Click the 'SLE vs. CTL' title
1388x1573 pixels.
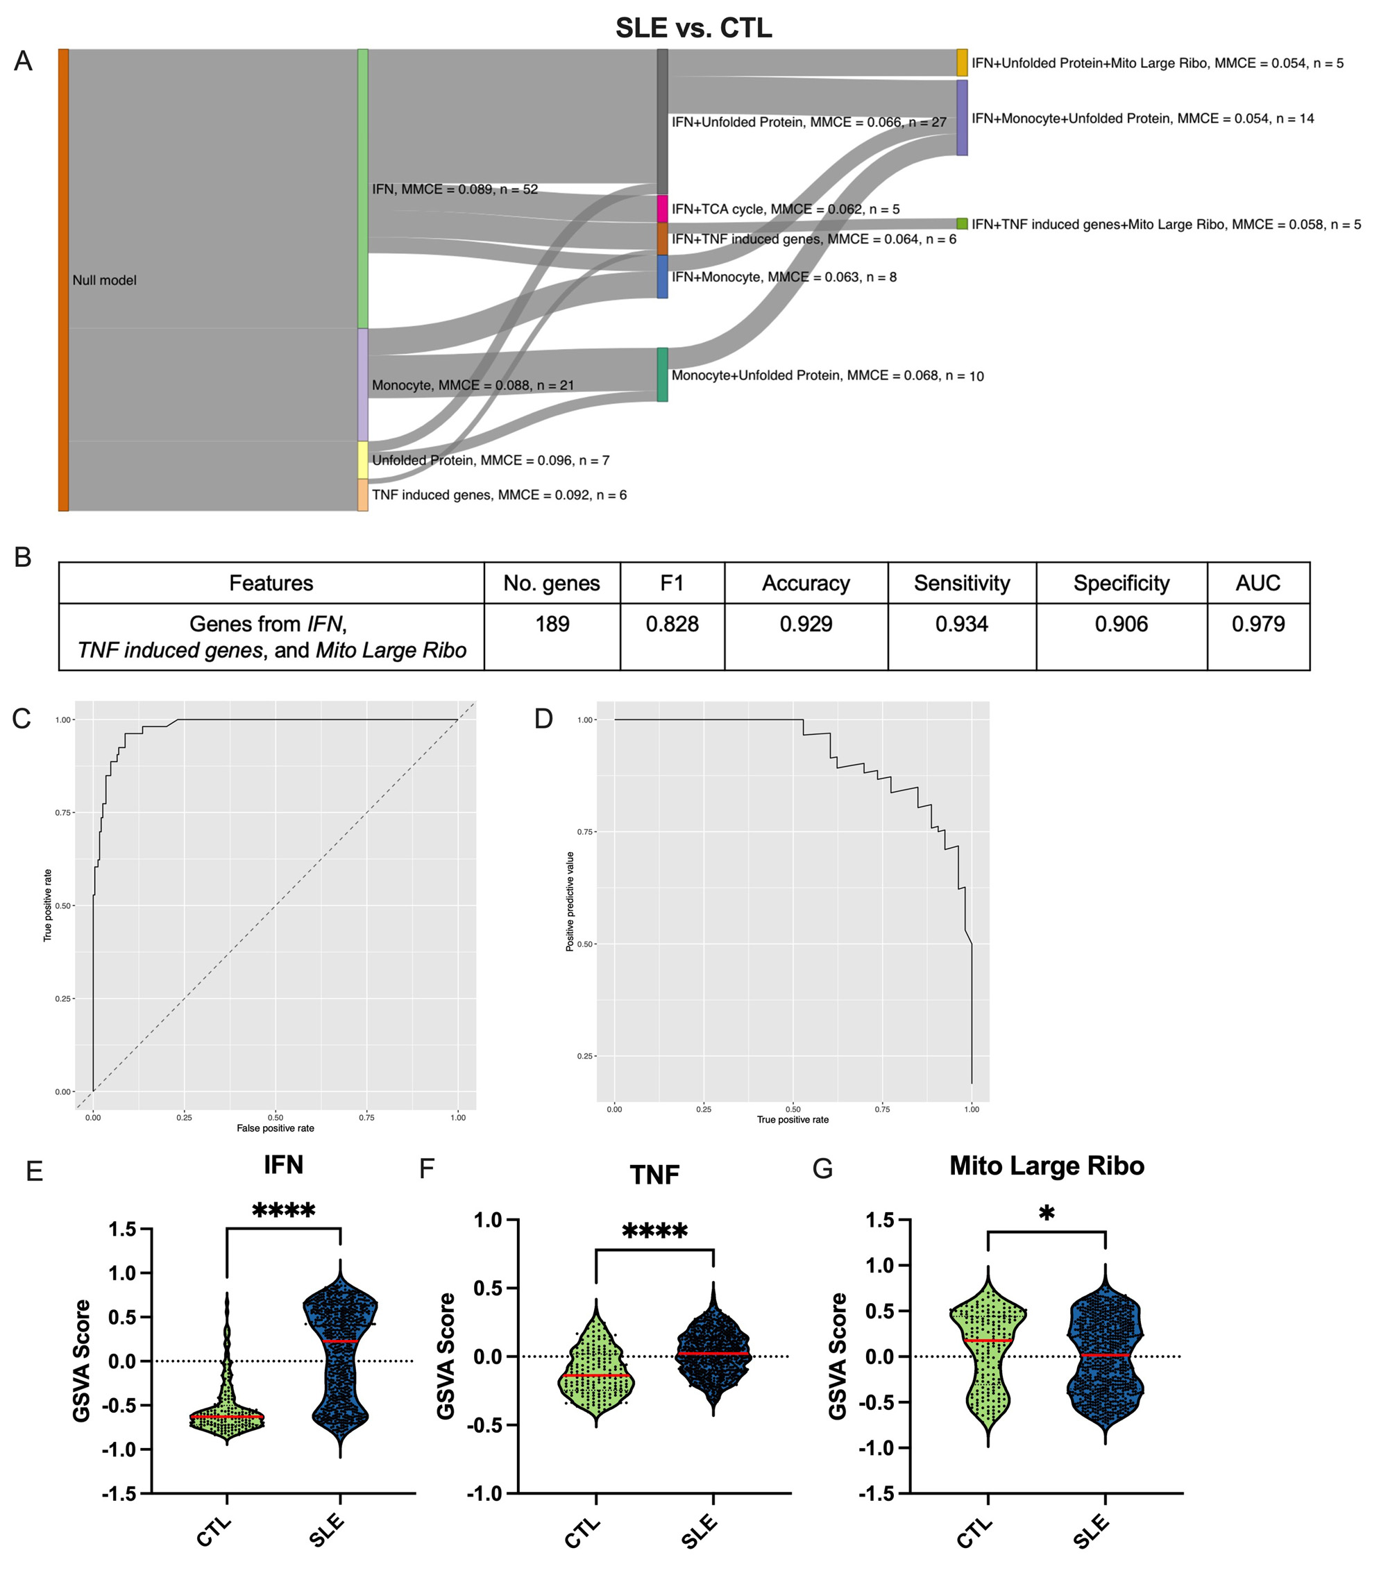pyautogui.click(x=693, y=28)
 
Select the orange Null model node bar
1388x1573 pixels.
pyautogui.click(x=64, y=280)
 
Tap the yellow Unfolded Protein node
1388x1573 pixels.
pyautogui.click(x=362, y=460)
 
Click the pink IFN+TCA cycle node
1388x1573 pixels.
pyautogui.click(x=662, y=210)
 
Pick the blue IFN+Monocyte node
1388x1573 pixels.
pyautogui.click(x=662, y=277)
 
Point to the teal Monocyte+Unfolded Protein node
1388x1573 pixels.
pyautogui.click(x=662, y=375)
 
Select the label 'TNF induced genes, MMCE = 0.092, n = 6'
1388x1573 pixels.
pyautogui.click(x=500, y=495)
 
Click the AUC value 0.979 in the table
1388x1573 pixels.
pyautogui.click(x=1258, y=623)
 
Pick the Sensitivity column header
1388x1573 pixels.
pyautogui.click(x=961, y=584)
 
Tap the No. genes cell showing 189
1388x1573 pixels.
pyautogui.click(x=552, y=623)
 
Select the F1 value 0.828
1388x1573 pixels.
pyautogui.click(x=672, y=623)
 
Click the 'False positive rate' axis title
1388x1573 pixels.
pyautogui.click(x=276, y=1128)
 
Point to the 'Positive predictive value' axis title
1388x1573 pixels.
pyautogui.click(x=570, y=901)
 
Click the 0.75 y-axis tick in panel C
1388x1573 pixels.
pyautogui.click(x=64, y=813)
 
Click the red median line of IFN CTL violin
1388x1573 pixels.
pyautogui.click(x=227, y=1417)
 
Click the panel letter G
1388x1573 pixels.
pyautogui.click(x=823, y=1169)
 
